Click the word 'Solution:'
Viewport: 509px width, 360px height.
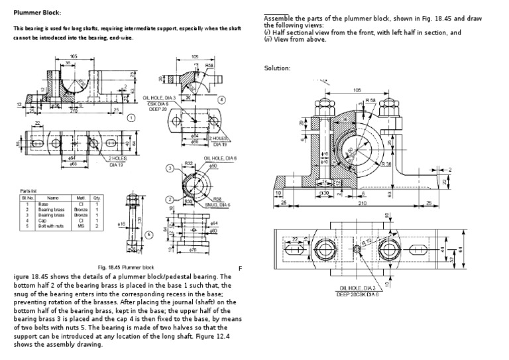point(278,68)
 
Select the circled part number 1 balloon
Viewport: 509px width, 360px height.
point(131,118)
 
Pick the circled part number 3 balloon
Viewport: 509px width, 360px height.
point(170,168)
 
